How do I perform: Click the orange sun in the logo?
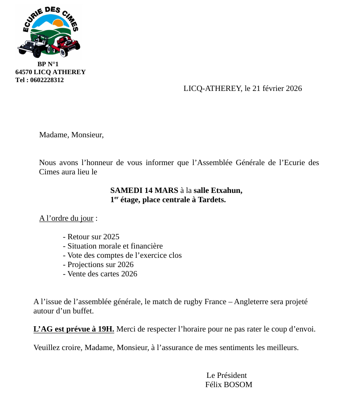coord(58,23)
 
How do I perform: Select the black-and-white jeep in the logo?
coord(34,47)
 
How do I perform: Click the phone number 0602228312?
coord(47,80)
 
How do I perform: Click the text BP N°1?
coord(48,64)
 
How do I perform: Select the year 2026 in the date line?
coord(294,88)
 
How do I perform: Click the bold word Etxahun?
coord(227,190)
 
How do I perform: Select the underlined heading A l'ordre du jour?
coord(66,218)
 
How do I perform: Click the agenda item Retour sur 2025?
coord(91,237)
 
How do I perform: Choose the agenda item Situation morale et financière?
coord(113,246)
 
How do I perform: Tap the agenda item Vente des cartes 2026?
coord(100,274)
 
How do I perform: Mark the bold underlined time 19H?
coord(106,329)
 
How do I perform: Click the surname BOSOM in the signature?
coord(239,384)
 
